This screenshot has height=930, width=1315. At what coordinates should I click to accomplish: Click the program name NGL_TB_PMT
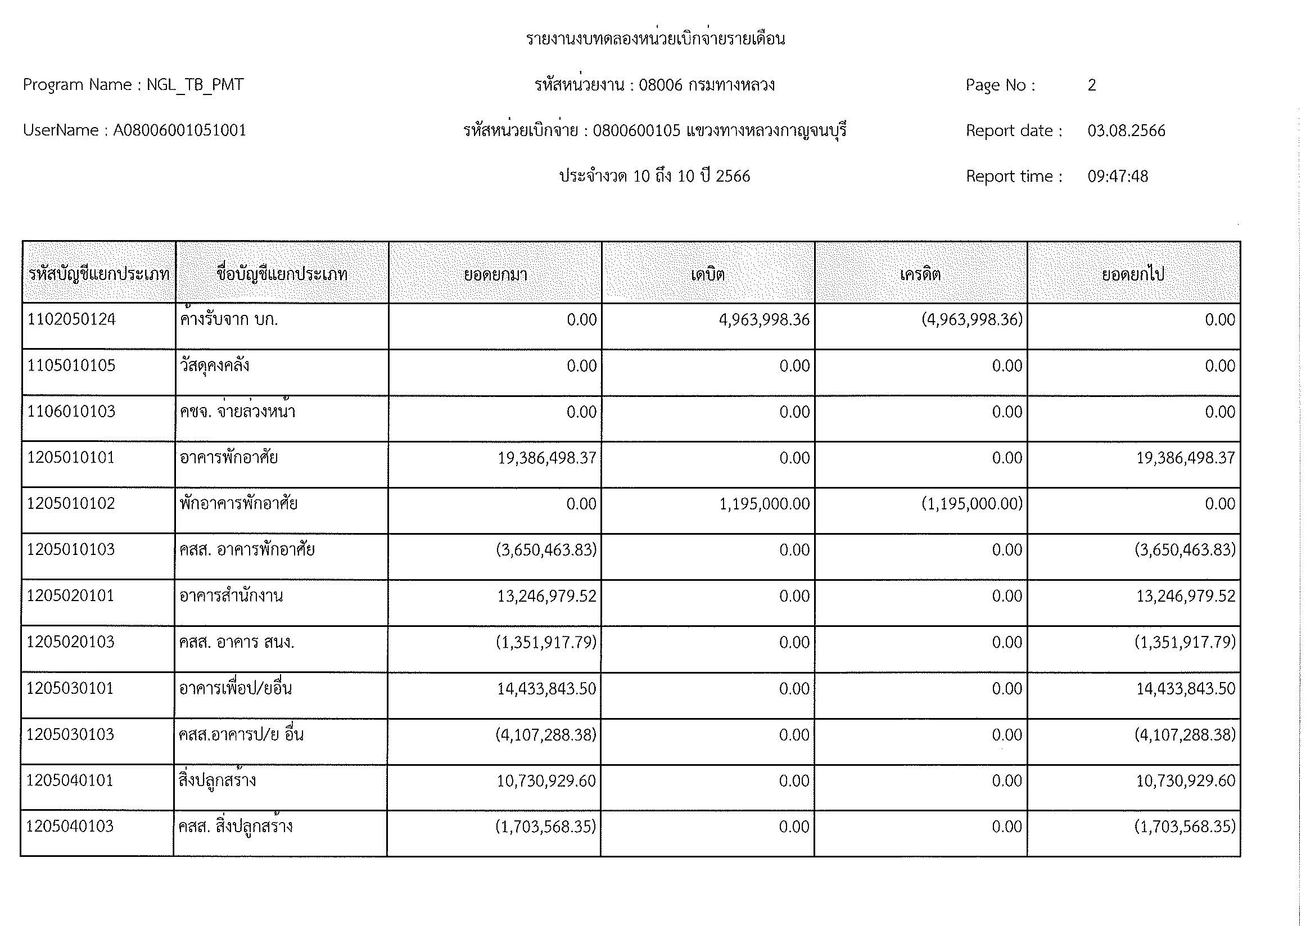(195, 85)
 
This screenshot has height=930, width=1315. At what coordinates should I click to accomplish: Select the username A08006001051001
(179, 130)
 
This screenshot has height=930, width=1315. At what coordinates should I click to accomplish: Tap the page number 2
(1092, 85)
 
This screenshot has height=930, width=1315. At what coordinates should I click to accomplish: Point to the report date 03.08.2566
(1126, 131)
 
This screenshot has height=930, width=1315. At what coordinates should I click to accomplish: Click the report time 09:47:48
(1118, 177)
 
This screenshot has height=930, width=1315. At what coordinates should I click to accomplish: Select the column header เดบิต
(708, 274)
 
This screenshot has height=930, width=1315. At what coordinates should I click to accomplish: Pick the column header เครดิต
(920, 274)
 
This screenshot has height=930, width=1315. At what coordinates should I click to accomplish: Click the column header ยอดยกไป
(1133, 274)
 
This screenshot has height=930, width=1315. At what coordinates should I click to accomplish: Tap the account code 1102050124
(71, 319)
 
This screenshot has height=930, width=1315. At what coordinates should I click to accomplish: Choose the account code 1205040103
(70, 827)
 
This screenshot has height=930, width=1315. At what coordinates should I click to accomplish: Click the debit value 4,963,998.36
(764, 319)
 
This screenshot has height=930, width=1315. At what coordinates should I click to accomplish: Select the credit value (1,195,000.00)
(972, 504)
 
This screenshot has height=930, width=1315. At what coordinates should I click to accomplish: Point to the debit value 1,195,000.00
(765, 504)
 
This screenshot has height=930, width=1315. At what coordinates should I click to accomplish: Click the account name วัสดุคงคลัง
(214, 366)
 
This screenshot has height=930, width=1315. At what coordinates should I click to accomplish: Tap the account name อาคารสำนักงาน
(231, 596)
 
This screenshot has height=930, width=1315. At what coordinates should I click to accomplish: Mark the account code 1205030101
(70, 688)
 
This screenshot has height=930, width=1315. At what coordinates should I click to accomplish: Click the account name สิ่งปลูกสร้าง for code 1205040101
(217, 780)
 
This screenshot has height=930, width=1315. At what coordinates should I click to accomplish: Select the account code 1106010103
(71, 412)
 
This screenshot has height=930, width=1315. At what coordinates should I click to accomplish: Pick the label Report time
(1013, 177)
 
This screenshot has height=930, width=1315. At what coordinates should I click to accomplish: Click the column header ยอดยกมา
(495, 274)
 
